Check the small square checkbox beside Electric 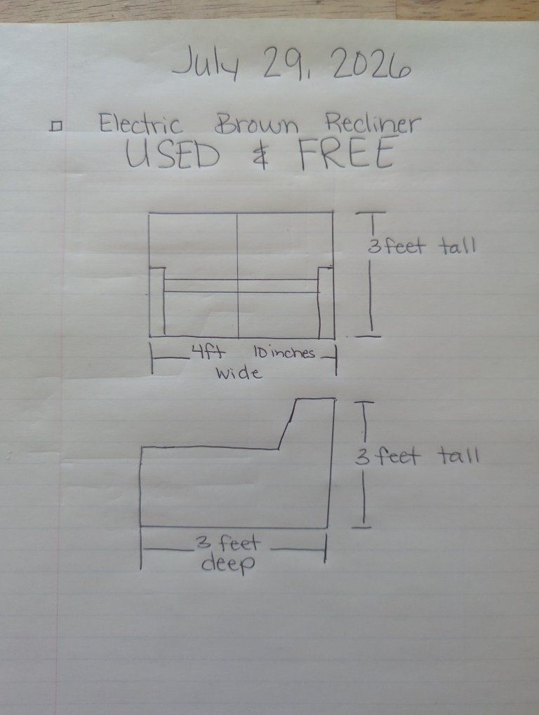[55, 126]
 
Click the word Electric [141, 123]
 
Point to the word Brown [256, 123]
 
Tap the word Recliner [372, 123]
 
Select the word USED [173, 154]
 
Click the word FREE [346, 154]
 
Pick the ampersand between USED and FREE [260, 155]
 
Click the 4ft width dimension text [208, 353]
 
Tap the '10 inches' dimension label [284, 353]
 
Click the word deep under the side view [228, 564]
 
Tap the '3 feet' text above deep [227, 543]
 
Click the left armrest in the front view [157, 302]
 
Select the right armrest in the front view [326, 302]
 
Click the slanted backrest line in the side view [288, 424]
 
